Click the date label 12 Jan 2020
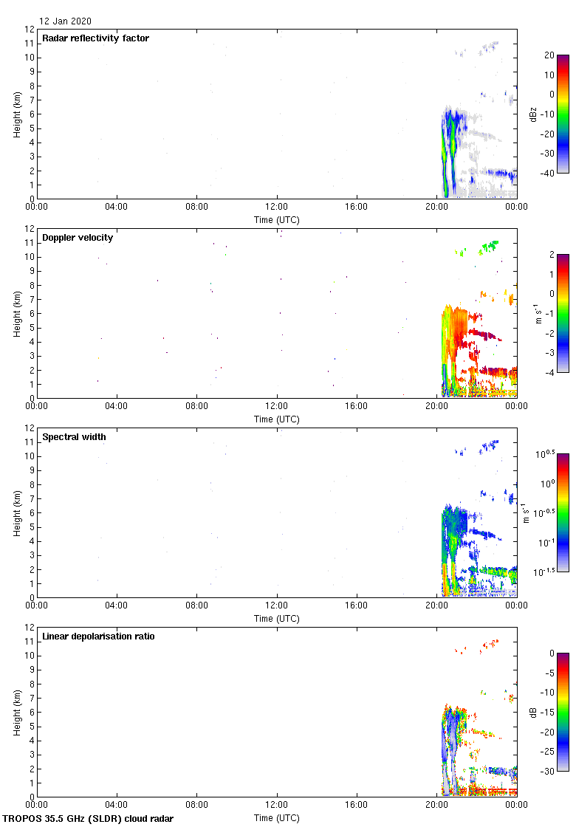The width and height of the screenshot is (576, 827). coord(66,21)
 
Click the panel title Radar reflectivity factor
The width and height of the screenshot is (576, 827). coord(95,38)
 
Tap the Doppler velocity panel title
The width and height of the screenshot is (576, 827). coord(78,238)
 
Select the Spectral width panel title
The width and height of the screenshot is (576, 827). coord(74,437)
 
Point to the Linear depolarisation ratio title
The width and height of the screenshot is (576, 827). coord(98,636)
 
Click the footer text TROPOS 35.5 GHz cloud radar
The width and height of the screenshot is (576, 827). coord(89,819)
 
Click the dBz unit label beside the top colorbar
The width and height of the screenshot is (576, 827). coord(533,114)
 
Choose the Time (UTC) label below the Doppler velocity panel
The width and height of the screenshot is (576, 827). coord(277,419)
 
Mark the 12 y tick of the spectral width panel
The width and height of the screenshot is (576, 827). coord(28,428)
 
